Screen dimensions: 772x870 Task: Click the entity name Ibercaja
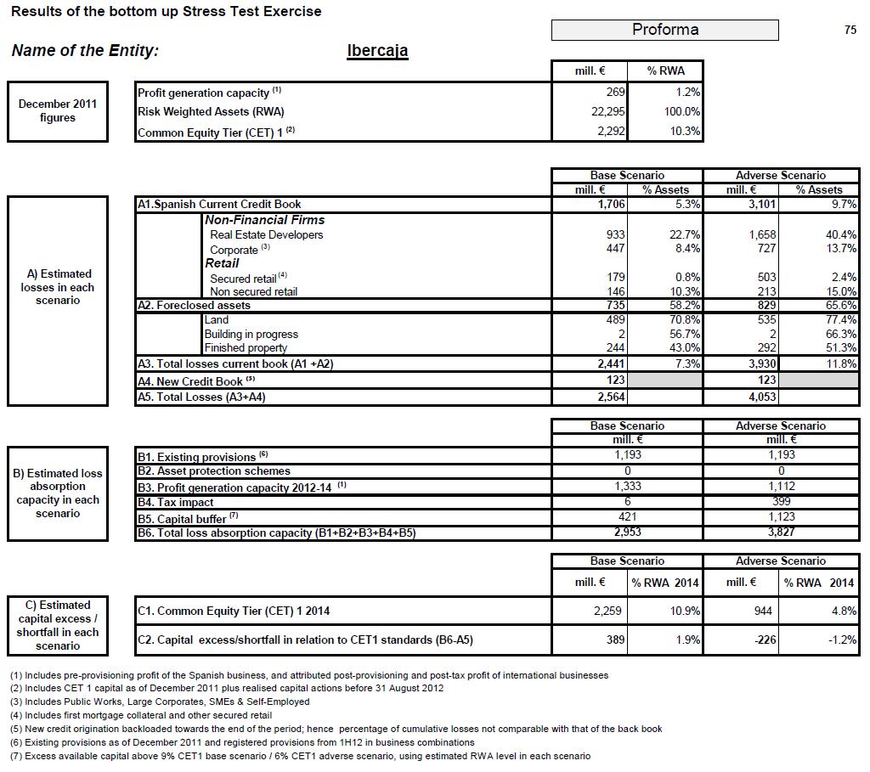click(x=377, y=50)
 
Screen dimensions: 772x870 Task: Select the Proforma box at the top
click(x=664, y=30)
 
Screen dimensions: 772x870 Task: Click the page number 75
click(x=850, y=30)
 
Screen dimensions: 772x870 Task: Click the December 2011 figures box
click(x=58, y=111)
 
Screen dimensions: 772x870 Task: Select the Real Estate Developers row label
click(x=266, y=234)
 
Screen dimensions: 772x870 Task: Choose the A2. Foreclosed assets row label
click(x=194, y=305)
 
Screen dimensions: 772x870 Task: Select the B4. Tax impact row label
click(x=175, y=502)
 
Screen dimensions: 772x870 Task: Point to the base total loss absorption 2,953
click(x=627, y=533)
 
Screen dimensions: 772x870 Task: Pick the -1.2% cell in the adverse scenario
click(x=841, y=640)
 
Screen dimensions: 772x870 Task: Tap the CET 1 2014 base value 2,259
click(x=609, y=611)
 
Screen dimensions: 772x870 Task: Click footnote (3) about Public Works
click(x=160, y=702)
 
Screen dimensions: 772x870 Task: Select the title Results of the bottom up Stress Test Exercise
click(x=167, y=12)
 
